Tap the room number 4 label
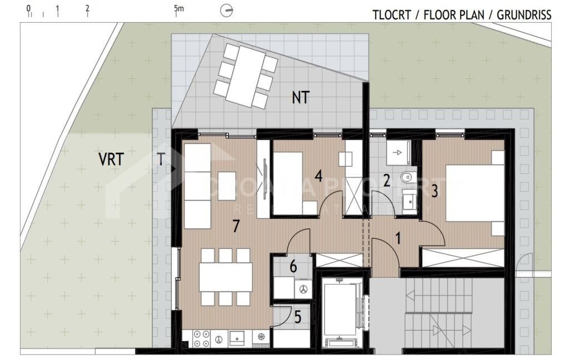318,176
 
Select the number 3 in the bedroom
435,191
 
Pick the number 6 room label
293,267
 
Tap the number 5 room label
297,318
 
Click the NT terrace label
301,98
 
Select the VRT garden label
111,159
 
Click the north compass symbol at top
227,11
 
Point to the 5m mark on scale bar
178,9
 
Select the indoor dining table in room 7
226,277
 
